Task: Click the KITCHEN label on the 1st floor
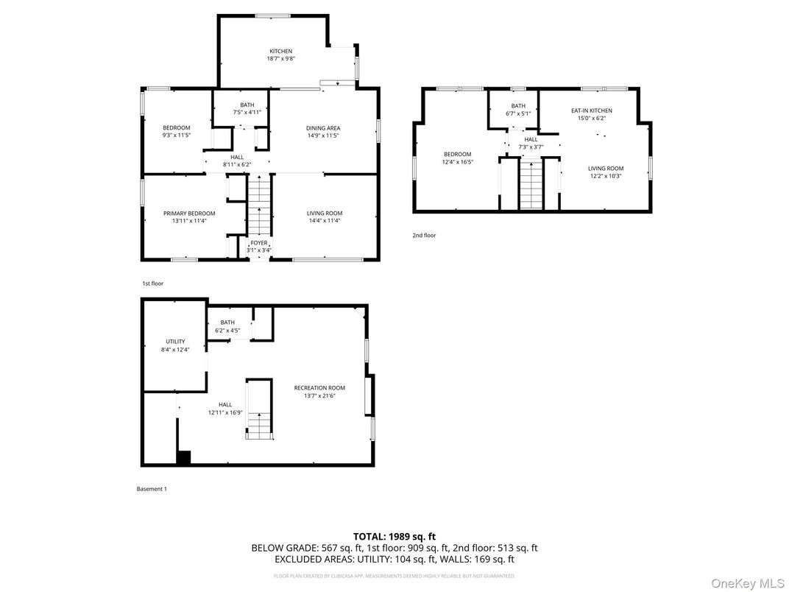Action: pyautogui.click(x=280, y=52)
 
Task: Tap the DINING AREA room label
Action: pyautogui.click(x=323, y=128)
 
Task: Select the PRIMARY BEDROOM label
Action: pyautogui.click(x=189, y=214)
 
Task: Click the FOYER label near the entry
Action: pyautogui.click(x=259, y=243)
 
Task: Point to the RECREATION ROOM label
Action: pyautogui.click(x=319, y=388)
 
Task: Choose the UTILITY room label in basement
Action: pyautogui.click(x=175, y=342)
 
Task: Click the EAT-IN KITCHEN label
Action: pyautogui.click(x=591, y=110)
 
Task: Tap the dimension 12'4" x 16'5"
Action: pyautogui.click(x=457, y=162)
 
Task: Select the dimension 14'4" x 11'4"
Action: pyautogui.click(x=325, y=221)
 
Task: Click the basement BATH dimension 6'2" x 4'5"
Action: pyautogui.click(x=227, y=330)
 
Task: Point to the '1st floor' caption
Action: pyautogui.click(x=152, y=283)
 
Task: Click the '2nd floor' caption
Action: pyautogui.click(x=424, y=236)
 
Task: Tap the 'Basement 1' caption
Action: pyautogui.click(x=152, y=489)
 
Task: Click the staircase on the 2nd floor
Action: pyautogui.click(x=530, y=184)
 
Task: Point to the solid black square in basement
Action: pyautogui.click(x=183, y=458)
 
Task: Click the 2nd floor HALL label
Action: pyautogui.click(x=531, y=139)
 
